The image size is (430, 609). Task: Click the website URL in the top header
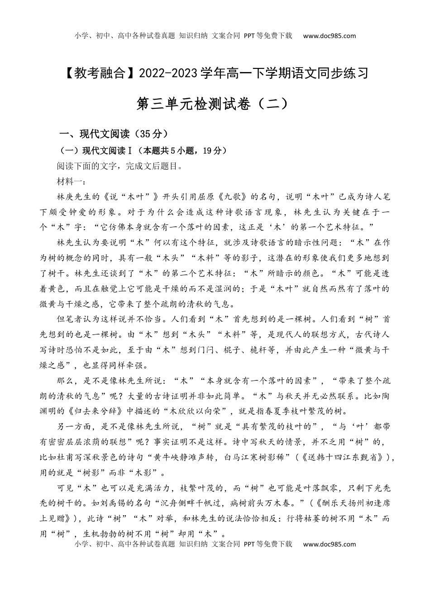[329, 36]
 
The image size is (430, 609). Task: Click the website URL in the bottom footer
[329, 544]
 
